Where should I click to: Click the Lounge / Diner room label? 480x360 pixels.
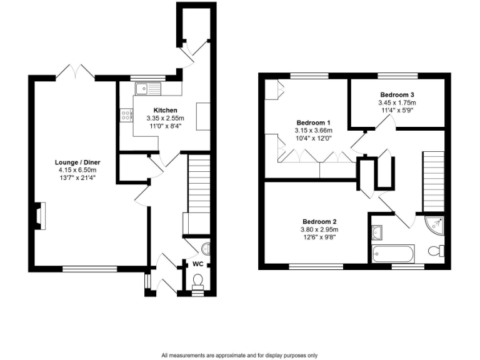pyautogui.click(x=77, y=162)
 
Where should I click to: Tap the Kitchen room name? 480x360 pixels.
pyautogui.click(x=157, y=110)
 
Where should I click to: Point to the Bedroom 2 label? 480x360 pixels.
pyautogui.click(x=319, y=221)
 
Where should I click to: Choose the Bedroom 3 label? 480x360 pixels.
pyautogui.click(x=397, y=94)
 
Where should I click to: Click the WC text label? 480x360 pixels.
pyautogui.click(x=197, y=264)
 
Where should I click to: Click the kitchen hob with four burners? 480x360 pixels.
pyautogui.click(x=126, y=115)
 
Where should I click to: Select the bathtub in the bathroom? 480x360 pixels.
pyautogui.click(x=392, y=254)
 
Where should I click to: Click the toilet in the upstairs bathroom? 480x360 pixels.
pyautogui.click(x=437, y=251)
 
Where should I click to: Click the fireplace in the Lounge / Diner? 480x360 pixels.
pyautogui.click(x=39, y=216)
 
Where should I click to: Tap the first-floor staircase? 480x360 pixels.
pyautogui.click(x=432, y=181)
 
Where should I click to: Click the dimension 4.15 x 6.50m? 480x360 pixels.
pyautogui.click(x=77, y=170)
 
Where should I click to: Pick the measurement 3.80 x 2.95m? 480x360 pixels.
pyautogui.click(x=319, y=229)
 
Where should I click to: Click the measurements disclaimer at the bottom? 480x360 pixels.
pyautogui.click(x=239, y=355)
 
